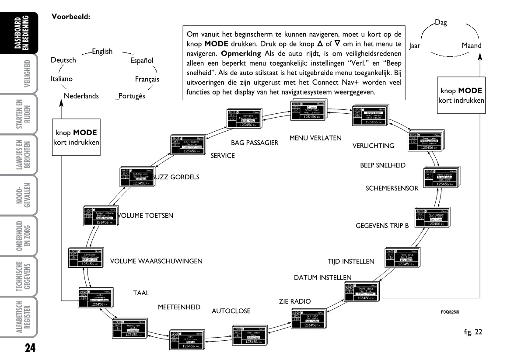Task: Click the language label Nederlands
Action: [x=81, y=96]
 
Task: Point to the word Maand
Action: [x=472, y=45]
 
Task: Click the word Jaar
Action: [x=415, y=45]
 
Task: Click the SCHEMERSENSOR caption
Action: [x=392, y=189]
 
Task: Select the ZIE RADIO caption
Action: [x=294, y=301]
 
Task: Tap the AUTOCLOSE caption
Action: [x=231, y=311]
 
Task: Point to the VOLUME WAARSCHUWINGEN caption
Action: [x=156, y=262]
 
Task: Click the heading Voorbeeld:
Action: [x=70, y=17]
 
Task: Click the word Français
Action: [x=147, y=79]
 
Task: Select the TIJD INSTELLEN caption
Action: [x=351, y=262]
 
